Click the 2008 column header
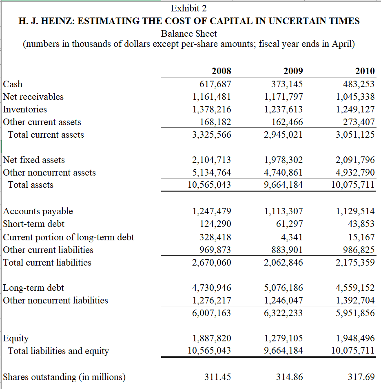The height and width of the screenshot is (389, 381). point(222,71)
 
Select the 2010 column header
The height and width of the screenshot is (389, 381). point(365,71)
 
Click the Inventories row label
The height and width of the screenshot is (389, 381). point(25,109)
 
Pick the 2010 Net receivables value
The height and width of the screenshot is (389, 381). point(355,97)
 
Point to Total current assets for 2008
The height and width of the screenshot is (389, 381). point(211,134)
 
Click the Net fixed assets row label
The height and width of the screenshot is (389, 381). point(34,160)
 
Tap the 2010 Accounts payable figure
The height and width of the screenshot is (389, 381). point(355,211)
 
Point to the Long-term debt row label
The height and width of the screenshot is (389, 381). point(33,288)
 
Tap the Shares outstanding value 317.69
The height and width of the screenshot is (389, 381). point(361,377)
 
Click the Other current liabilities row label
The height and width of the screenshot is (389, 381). point(48,250)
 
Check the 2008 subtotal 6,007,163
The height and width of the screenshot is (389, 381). point(211,313)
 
